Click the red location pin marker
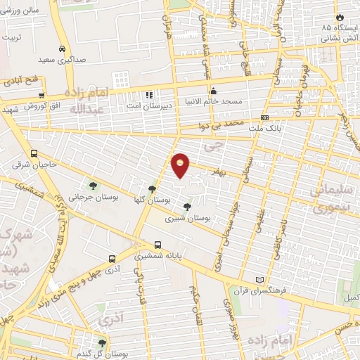pos(181,166)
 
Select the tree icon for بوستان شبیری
pos(186,207)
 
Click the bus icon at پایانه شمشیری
pos(157,245)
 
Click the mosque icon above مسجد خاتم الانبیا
pos(214,91)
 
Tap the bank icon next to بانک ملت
pos(264,117)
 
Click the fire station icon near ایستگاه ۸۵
pos(342,15)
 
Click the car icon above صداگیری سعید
pos(63,49)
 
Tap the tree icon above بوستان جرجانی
pos(93,186)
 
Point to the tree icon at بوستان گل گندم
pos(103,342)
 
